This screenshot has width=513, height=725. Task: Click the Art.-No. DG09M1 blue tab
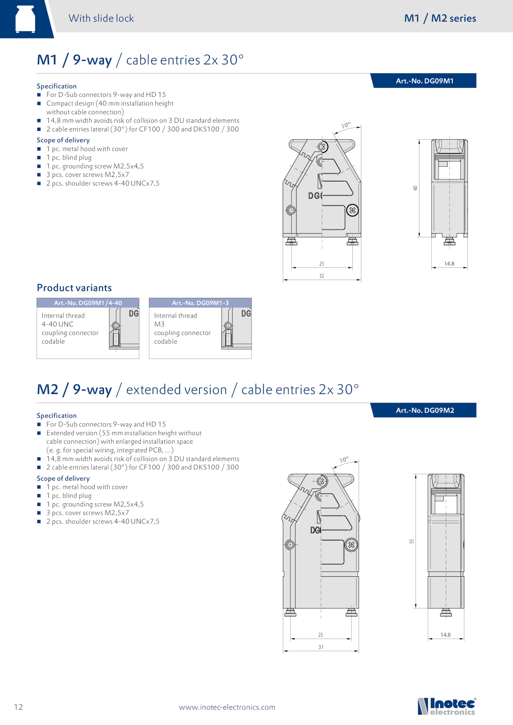(424, 81)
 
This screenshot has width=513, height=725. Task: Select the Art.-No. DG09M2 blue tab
(424, 410)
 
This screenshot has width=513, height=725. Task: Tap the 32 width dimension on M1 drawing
(322, 276)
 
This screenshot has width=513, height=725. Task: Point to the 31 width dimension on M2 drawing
(321, 647)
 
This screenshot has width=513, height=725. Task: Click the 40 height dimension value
(416, 188)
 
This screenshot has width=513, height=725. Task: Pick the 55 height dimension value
(412, 541)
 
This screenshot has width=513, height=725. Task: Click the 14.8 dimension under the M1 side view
(449, 264)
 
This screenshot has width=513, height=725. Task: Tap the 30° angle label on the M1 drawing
(346, 125)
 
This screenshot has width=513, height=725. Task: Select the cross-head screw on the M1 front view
(352, 210)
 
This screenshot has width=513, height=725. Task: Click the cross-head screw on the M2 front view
(351, 545)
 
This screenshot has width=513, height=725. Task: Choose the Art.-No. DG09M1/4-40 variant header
(88, 303)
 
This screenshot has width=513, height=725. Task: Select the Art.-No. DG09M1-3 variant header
(200, 303)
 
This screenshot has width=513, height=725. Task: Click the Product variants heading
(74, 288)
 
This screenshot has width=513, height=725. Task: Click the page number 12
(19, 707)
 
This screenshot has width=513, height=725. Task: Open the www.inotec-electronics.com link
(227, 707)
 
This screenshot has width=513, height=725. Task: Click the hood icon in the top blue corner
(25, 19)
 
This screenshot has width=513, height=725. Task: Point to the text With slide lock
(101, 18)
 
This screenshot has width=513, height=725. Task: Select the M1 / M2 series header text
(440, 18)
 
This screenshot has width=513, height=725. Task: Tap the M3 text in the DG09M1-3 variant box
(159, 324)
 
